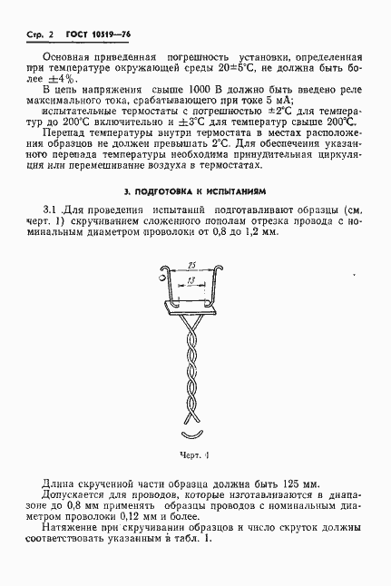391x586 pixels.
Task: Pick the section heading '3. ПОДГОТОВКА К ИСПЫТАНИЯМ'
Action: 195,192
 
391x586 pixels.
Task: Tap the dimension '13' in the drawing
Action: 188,281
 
